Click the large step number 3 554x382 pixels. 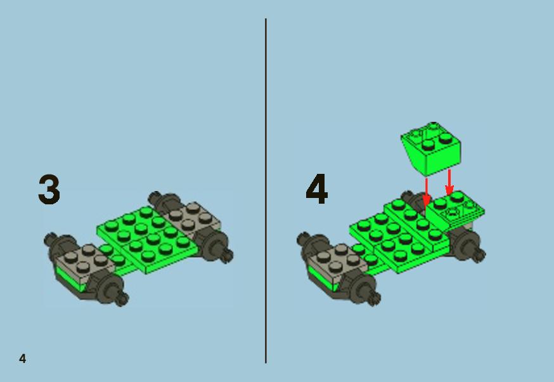[x=49, y=189]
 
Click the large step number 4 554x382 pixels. [x=316, y=189]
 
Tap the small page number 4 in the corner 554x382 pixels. [x=23, y=359]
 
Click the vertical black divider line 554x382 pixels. [x=266, y=191]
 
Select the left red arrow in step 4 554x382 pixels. [x=427, y=193]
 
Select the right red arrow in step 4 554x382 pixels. [x=449, y=183]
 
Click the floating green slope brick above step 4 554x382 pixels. [x=431, y=148]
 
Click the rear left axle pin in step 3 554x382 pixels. [x=155, y=198]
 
